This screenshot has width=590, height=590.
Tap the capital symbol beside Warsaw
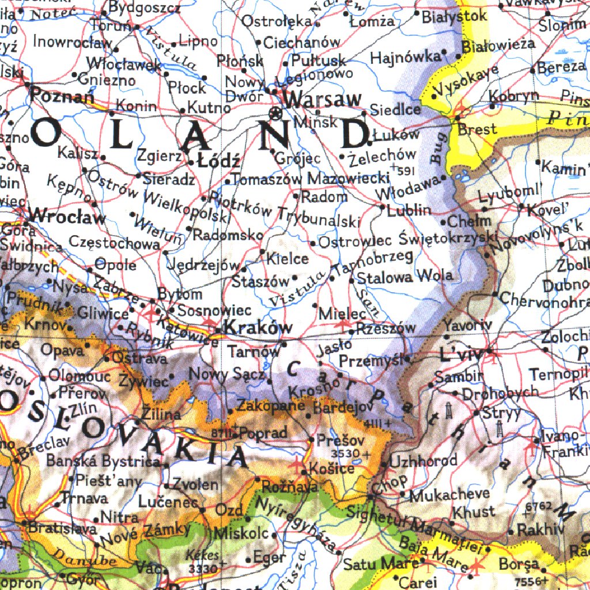pyautogui.click(x=277, y=114)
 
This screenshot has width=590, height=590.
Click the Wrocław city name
pyautogui.click(x=68, y=217)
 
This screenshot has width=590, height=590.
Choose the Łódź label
pyautogui.click(x=218, y=160)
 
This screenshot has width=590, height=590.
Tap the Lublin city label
pyautogui.click(x=409, y=210)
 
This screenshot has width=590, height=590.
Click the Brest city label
pyautogui.click(x=477, y=129)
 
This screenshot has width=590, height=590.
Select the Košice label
pyautogui.click(x=332, y=468)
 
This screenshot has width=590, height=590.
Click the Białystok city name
pyautogui.click(x=454, y=16)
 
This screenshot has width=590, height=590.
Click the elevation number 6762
pyautogui.click(x=539, y=506)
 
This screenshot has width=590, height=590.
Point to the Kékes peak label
pyautogui.click(x=203, y=556)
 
